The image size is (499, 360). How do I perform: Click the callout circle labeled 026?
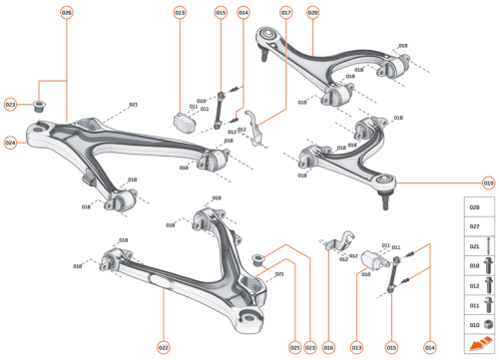pos(67,13)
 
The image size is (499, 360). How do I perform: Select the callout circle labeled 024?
pos(10,143)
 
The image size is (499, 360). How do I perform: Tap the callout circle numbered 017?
pos(285,13)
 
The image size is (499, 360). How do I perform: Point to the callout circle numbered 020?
pos(312,13)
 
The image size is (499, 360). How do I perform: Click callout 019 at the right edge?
pos(489,183)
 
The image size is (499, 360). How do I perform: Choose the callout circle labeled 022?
pos(163,347)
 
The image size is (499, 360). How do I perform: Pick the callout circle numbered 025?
pos(294,347)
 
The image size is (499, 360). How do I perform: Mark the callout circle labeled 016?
pos(328,347)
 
